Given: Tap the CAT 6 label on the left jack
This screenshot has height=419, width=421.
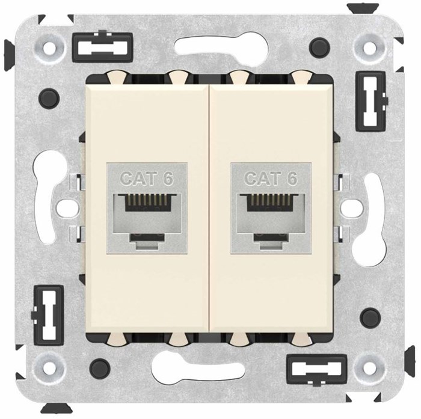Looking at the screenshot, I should tap(146, 179).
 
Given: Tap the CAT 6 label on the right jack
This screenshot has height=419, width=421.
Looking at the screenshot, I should tap(271, 179).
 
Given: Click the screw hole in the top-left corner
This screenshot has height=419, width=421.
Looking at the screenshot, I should tap(51, 45).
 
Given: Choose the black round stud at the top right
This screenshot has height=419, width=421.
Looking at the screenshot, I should tap(319, 45).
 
